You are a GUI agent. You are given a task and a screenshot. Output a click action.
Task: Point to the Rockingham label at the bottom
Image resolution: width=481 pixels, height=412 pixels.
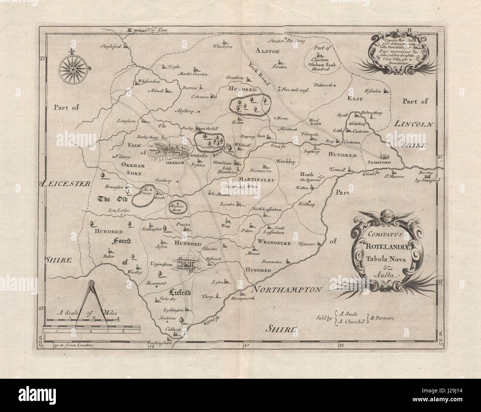click(x=160, y=343)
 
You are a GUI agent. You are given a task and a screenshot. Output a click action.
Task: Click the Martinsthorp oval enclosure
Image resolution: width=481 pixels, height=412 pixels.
click(x=177, y=207)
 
